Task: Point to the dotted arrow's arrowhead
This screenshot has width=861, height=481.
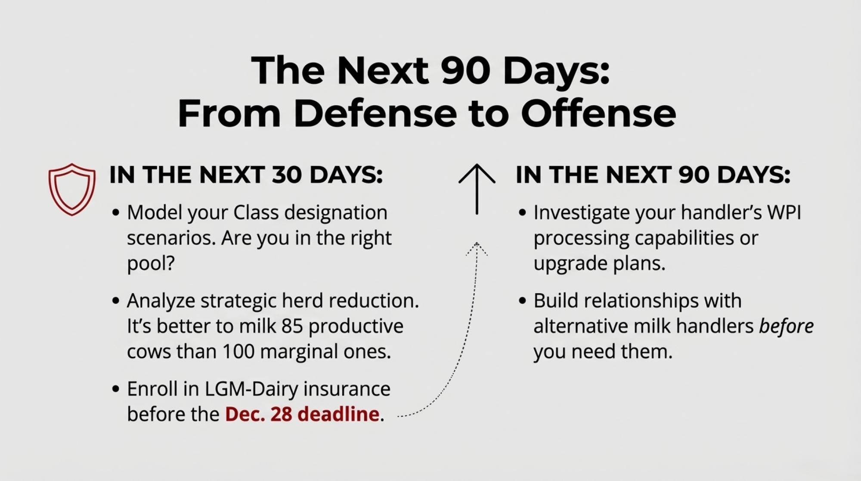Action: tap(477, 249)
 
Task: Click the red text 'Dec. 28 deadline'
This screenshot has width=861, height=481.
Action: tap(302, 414)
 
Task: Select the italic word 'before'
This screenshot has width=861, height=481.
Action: tap(786, 326)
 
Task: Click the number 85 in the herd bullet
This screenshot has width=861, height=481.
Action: tap(292, 326)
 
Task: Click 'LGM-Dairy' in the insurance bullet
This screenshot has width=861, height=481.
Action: tap(251, 389)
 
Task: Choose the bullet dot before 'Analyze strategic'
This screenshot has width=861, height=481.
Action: tap(115, 300)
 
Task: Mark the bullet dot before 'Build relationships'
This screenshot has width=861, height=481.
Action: tap(522, 300)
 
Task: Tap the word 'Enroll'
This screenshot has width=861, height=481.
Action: tap(152, 389)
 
